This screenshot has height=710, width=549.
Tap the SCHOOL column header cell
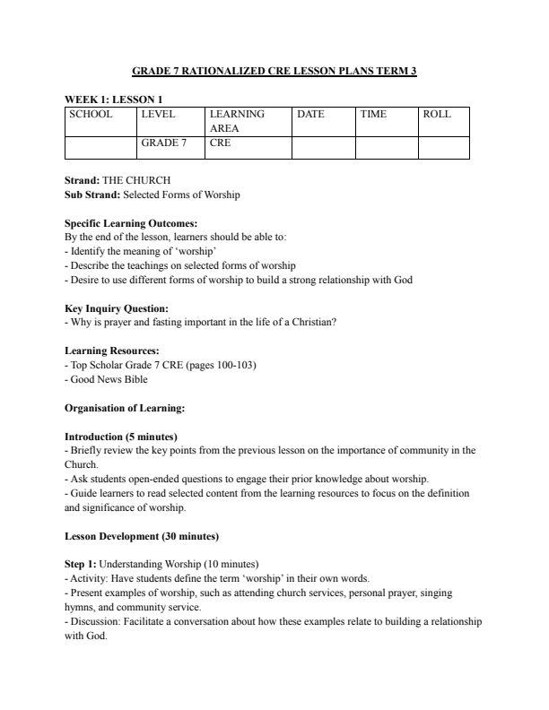click(x=91, y=115)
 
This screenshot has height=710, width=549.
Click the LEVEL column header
click(x=158, y=115)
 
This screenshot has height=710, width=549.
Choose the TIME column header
click(x=373, y=115)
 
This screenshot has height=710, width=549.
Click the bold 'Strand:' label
click(x=83, y=180)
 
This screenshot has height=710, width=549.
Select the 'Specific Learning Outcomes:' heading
click(x=131, y=223)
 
